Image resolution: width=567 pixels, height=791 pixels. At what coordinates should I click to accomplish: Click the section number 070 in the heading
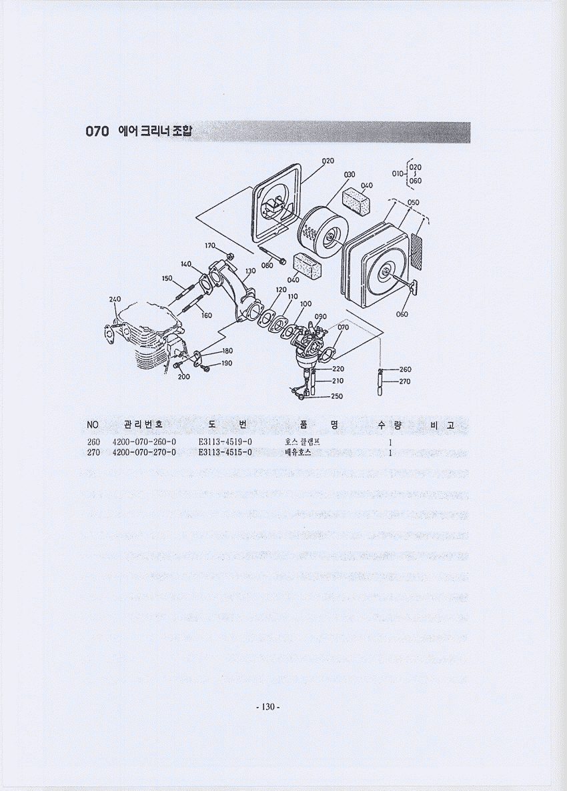(97, 131)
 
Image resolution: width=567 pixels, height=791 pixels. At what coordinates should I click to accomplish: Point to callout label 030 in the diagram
(350, 174)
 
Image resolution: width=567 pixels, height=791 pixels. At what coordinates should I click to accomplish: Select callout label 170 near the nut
(210, 245)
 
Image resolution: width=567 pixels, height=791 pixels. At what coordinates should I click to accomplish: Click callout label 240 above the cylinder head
(115, 299)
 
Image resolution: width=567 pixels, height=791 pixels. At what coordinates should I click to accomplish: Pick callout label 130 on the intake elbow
(250, 271)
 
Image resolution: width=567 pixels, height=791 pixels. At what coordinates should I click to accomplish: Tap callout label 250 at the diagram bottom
(336, 396)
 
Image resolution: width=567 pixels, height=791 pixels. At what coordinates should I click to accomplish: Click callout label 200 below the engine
(183, 376)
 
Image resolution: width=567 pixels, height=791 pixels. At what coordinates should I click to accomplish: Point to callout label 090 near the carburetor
(320, 316)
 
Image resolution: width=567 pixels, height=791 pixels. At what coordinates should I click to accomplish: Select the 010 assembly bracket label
(398, 173)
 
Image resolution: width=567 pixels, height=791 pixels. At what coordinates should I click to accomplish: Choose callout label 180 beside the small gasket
(227, 351)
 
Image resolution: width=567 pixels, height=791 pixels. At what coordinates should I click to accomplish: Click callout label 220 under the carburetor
(338, 369)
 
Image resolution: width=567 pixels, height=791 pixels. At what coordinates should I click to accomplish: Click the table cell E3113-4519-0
(225, 442)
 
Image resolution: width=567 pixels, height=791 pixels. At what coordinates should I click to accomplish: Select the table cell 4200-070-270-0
(144, 452)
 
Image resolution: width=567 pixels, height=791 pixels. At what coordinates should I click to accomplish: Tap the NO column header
(93, 425)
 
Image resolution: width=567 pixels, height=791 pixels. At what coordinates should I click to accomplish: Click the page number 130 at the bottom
(268, 707)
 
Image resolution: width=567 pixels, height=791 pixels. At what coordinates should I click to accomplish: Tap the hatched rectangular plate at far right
(417, 250)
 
